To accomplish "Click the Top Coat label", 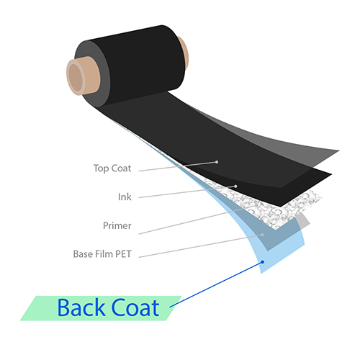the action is point(112,168).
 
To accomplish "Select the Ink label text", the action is point(125,197).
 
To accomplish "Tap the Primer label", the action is point(117,225).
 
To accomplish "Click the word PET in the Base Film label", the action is point(123,254).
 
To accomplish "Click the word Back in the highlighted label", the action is point(81,307).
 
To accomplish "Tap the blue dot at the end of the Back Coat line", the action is point(263,262).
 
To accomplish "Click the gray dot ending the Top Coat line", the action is point(217,162).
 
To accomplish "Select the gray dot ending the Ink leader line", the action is point(235,186).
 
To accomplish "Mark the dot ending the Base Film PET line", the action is point(262,235).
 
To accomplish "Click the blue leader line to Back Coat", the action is point(216,284).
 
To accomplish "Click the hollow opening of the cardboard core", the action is point(76,76).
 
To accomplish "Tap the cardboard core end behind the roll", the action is point(184,53).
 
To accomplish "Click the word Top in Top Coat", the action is point(101,168).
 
